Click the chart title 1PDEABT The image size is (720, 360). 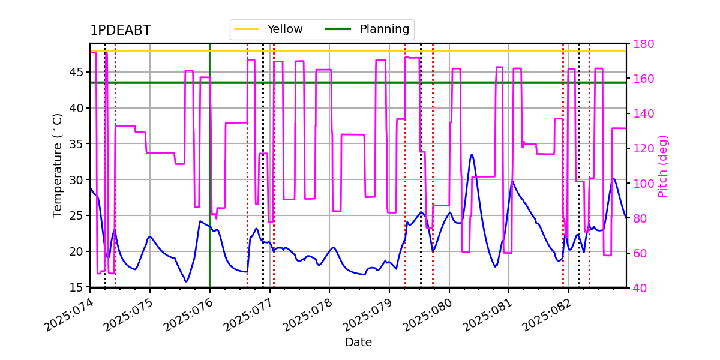(x=121, y=30)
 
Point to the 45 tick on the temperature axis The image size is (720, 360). (x=76, y=72)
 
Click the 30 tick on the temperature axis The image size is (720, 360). (x=76, y=179)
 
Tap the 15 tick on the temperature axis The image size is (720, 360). (x=76, y=287)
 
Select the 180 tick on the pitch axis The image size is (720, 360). (x=643, y=44)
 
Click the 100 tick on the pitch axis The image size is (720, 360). (x=643, y=184)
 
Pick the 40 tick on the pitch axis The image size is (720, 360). (x=640, y=288)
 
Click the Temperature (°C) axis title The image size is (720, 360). (x=57, y=166)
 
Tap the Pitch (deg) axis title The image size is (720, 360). (x=663, y=166)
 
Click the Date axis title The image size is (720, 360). (x=358, y=343)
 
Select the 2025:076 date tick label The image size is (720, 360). (x=188, y=315)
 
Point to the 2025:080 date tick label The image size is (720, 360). (x=427, y=315)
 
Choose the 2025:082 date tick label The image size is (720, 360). (x=547, y=315)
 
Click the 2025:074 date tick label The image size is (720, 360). (x=68, y=315)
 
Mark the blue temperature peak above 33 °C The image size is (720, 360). (x=472, y=155)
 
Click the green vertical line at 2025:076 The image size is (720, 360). (x=210, y=165)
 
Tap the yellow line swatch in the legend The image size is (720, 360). (x=247, y=29)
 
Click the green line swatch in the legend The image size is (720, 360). (x=338, y=29)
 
